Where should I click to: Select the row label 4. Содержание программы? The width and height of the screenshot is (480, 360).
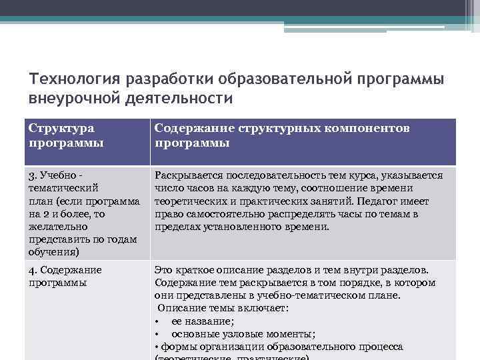point(65,276)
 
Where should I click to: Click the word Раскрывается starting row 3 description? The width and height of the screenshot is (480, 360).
point(186,176)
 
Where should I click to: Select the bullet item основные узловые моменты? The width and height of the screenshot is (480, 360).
point(243,333)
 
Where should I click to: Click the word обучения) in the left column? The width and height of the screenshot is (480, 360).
point(54,251)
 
